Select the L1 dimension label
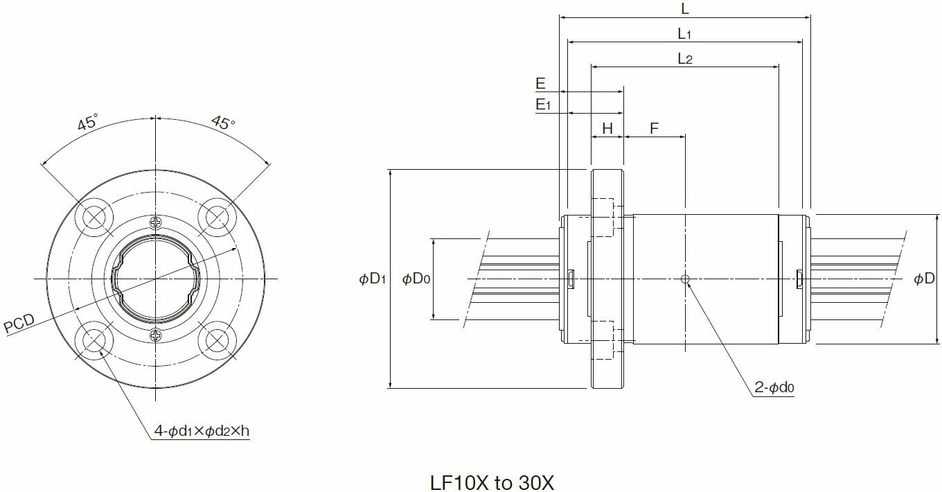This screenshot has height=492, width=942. [x=684, y=33]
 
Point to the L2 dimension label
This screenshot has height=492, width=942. [x=684, y=59]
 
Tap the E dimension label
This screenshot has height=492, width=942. [x=540, y=84]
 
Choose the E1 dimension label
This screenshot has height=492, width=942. [x=542, y=105]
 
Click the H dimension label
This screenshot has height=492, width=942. [x=607, y=128]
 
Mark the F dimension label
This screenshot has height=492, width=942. [x=654, y=128]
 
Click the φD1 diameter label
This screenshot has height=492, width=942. [x=373, y=279]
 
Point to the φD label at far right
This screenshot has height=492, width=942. [x=924, y=279]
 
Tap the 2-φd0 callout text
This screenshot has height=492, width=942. [x=774, y=389]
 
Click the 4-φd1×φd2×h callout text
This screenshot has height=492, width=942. [x=201, y=431]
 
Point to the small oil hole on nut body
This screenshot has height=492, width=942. [x=685, y=279]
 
